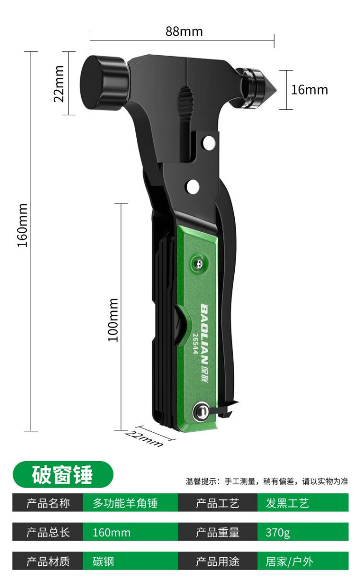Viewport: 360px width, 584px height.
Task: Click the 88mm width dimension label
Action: (184, 31)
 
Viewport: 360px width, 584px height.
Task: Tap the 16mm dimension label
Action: (310, 90)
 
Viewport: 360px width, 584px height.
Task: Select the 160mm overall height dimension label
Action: (23, 225)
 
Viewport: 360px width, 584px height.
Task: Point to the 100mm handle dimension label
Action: (113, 320)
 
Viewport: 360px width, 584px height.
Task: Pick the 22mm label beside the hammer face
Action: (59, 83)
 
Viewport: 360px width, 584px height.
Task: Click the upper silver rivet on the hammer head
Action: (209, 143)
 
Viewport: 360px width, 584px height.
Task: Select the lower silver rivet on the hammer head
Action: (193, 187)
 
